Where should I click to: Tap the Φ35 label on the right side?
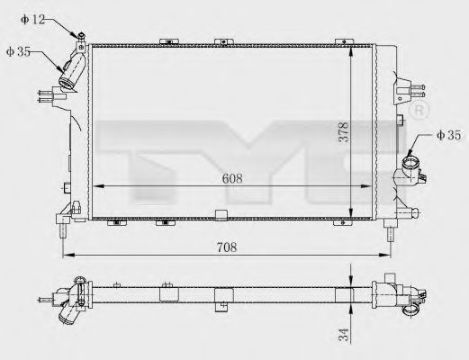447,136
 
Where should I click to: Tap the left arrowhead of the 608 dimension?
97,186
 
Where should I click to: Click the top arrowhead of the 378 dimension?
351,44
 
